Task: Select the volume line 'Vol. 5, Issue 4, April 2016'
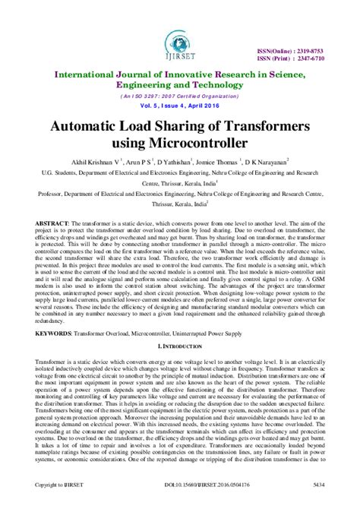[x=180, y=108]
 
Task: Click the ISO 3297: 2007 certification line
[x=180, y=97]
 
